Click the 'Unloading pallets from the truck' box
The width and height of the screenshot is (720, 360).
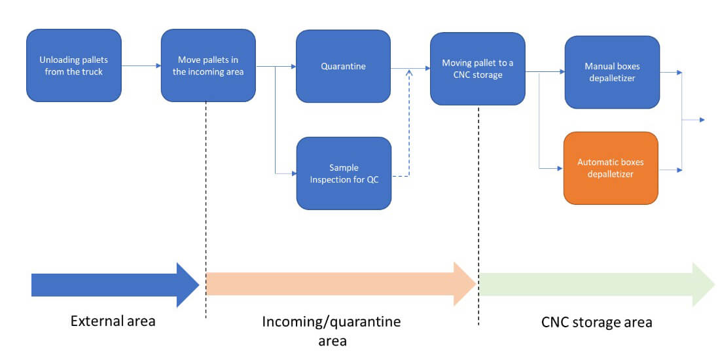(73, 65)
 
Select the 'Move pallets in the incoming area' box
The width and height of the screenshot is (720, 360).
(208, 65)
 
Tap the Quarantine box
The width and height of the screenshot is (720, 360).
(343, 66)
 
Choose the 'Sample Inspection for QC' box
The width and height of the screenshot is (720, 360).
(344, 173)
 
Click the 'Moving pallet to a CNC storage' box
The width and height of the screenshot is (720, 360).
(477, 68)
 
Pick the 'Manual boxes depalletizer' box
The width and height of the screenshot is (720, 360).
(612, 71)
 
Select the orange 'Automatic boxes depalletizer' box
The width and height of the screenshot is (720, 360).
(611, 168)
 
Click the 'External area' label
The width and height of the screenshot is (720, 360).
(113, 321)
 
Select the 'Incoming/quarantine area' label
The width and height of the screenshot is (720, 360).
(331, 331)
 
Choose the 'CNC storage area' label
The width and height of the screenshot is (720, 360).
(596, 323)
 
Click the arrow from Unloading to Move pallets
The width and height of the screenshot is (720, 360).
(141, 65)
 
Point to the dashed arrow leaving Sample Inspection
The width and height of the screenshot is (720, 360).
(408, 131)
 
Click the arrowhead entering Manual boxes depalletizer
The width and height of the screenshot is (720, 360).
(561, 72)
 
